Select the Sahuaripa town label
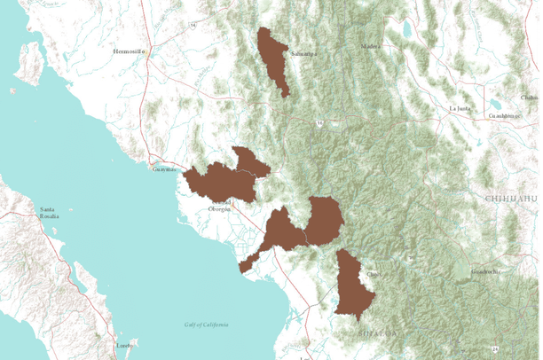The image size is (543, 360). (x=303, y=53)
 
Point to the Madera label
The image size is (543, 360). (x=371, y=46)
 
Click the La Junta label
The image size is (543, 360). (x=460, y=108)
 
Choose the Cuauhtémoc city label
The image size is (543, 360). (x=502, y=115)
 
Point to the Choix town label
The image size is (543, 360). (x=374, y=274)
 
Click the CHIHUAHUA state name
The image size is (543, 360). (x=513, y=200)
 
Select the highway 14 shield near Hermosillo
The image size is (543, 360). (x=192, y=25)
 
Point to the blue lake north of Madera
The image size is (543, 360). (x=407, y=29)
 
